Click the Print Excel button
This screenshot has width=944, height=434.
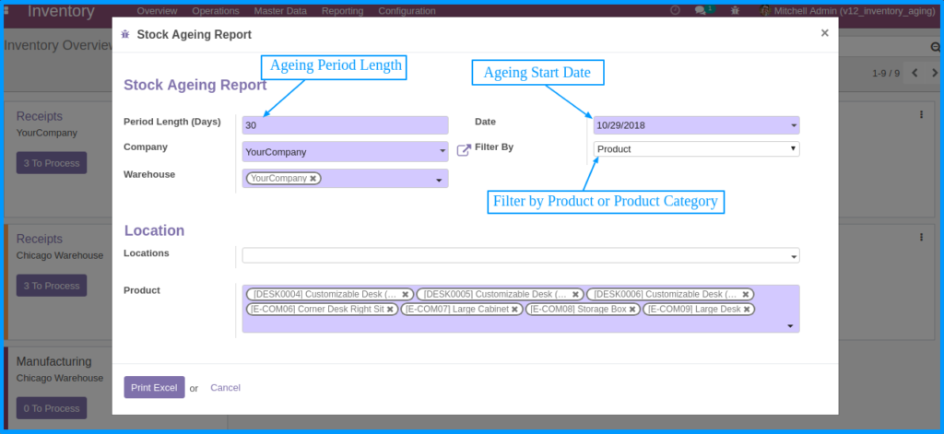coord(154,388)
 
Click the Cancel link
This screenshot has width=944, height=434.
coord(225,388)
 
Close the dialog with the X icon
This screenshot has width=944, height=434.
coord(824,33)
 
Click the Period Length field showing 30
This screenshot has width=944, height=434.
coord(345,125)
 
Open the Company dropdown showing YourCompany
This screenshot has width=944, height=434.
coord(345,152)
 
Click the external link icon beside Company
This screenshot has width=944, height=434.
coord(464,149)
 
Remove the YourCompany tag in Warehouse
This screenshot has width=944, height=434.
coord(313,179)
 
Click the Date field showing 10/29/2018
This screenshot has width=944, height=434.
coord(696,125)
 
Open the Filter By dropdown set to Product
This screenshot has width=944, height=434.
coord(696,148)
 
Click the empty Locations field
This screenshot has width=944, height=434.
coord(520,255)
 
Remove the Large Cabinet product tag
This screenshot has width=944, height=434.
coord(515,310)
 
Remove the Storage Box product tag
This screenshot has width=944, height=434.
coord(633,310)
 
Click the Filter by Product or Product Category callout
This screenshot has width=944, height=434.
coord(606,201)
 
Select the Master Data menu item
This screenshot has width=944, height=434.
coord(280,11)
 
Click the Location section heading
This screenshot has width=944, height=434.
coord(154,230)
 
